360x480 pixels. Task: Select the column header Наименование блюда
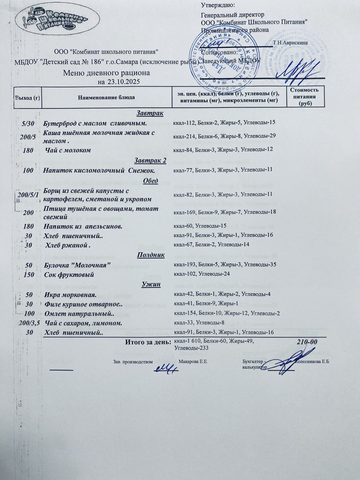pos(106,97)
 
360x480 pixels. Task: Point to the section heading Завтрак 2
pos(150,161)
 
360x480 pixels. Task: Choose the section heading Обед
pos(151,181)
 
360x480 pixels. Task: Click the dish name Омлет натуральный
pos(79,313)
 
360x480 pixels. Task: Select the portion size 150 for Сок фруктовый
pos(28,274)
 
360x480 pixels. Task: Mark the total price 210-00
pos(307,342)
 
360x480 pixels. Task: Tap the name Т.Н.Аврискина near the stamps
pos(291,43)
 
